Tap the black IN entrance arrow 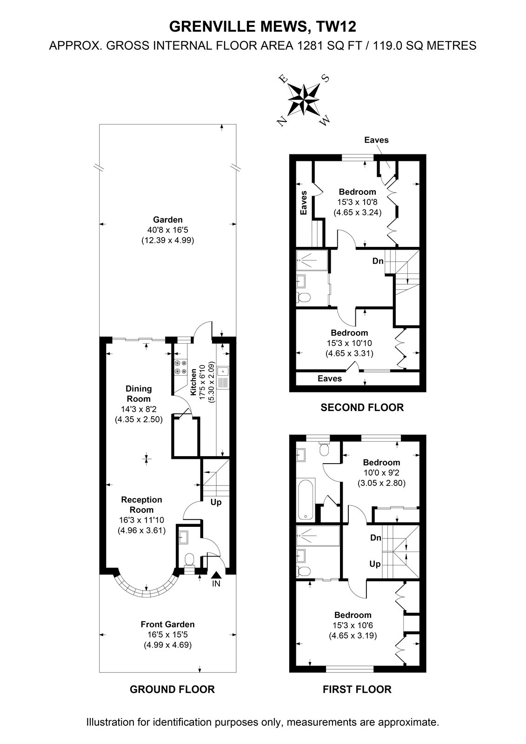tap(216, 575)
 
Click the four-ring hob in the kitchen tap(180, 368)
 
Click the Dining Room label tap(139, 393)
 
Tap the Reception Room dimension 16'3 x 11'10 tap(141, 520)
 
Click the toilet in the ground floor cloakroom tap(189, 560)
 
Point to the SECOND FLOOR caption tap(362, 407)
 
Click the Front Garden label tap(168, 624)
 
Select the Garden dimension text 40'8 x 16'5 tap(168, 230)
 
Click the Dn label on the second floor tap(378, 261)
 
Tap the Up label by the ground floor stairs tap(216, 502)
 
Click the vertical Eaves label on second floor tap(303, 203)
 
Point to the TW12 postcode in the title tap(337, 27)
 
